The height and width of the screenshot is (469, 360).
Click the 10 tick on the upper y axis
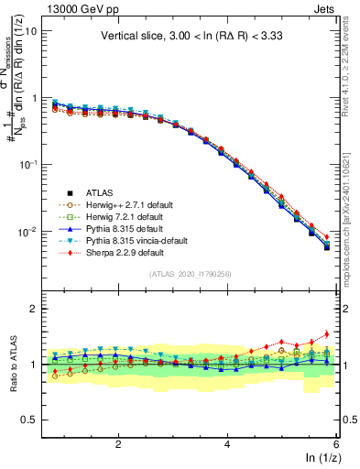[x=30, y=30]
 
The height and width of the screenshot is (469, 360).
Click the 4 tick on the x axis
[x=227, y=444]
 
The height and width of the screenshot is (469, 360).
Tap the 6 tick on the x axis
[x=336, y=444]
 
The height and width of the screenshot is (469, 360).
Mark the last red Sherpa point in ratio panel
[x=326, y=333]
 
